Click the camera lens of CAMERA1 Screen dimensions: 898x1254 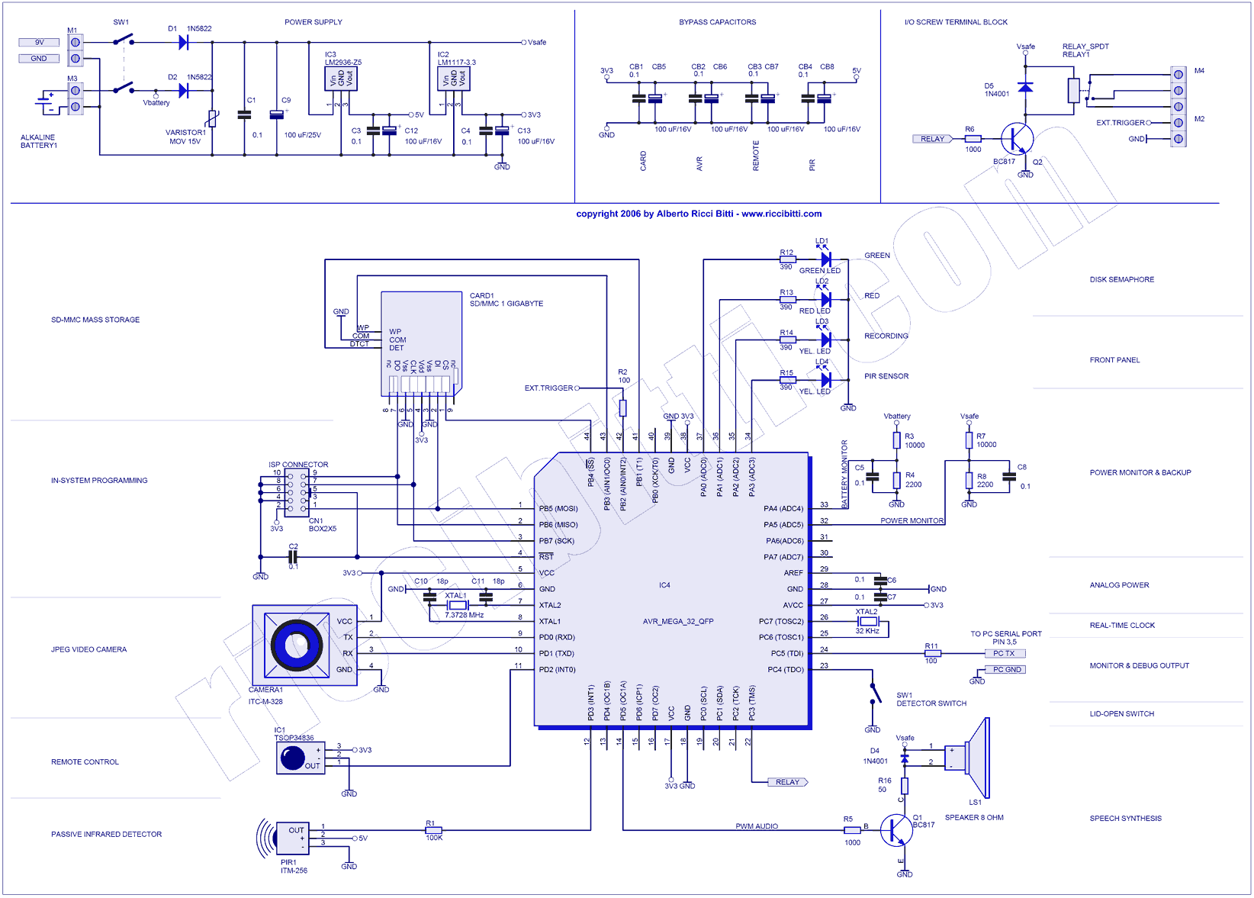click(x=294, y=645)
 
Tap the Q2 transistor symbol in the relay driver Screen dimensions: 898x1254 click(x=1017, y=140)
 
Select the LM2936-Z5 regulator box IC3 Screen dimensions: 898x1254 click(x=341, y=79)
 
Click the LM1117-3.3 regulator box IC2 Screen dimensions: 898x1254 click(x=453, y=79)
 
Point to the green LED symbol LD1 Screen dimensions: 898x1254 click(x=825, y=259)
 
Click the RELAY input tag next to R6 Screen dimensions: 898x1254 click(x=932, y=139)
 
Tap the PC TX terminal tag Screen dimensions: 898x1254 click(x=1004, y=653)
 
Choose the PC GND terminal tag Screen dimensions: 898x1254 click(x=1007, y=669)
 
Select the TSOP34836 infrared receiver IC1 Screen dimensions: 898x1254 click(x=300, y=757)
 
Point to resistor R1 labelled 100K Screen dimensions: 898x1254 click(x=433, y=830)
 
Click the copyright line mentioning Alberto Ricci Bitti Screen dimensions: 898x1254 click(x=699, y=214)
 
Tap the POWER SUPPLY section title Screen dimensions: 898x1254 click(x=313, y=22)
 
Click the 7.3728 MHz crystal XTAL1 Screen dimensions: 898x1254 click(x=457, y=605)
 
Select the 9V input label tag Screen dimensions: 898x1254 click(x=39, y=43)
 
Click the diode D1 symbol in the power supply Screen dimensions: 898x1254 click(x=183, y=43)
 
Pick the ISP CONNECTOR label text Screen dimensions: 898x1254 click(x=298, y=465)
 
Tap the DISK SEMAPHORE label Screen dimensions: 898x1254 click(x=1121, y=279)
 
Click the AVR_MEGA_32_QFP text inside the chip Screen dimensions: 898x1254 click(x=678, y=621)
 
